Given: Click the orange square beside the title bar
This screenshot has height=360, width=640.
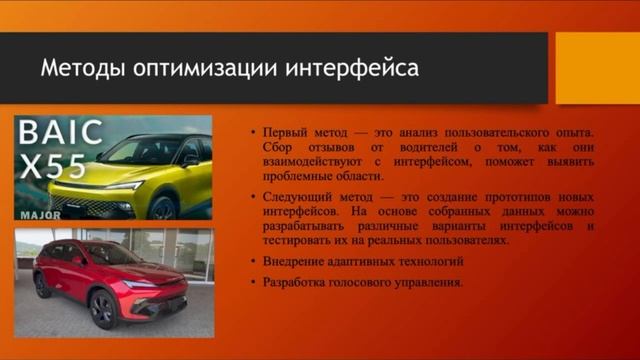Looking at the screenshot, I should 597,68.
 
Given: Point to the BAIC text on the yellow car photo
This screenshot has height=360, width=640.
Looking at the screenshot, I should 61,135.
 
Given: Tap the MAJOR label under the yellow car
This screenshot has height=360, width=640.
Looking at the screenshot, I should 41,213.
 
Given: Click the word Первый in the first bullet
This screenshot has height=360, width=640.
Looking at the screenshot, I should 284,132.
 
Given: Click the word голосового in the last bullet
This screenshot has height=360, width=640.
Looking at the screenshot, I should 373,283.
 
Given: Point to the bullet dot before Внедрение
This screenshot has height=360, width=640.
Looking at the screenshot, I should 254,262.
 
